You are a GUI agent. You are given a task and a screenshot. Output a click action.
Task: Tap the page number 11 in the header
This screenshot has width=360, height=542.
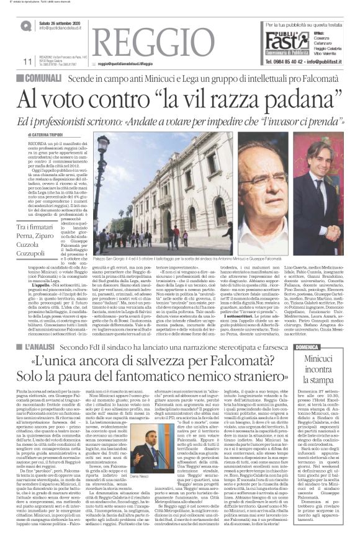27,61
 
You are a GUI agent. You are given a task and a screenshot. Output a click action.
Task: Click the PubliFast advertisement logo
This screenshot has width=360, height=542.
282,40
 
